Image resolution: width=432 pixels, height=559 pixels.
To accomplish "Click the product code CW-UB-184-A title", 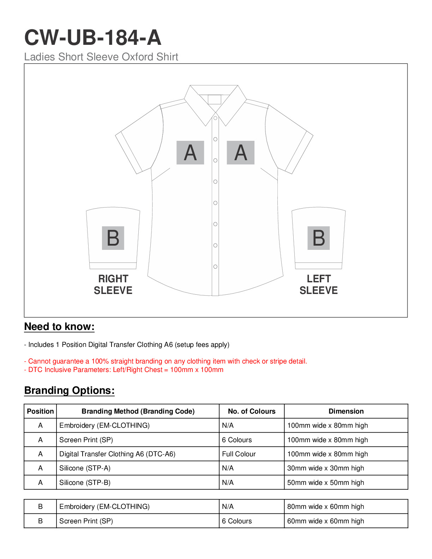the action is click(92, 37).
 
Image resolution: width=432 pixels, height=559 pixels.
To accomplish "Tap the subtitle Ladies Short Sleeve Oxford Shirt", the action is click(101, 57).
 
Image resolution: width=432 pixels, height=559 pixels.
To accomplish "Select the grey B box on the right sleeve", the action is click(113, 238).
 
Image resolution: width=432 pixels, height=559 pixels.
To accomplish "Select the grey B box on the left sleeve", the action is click(319, 238).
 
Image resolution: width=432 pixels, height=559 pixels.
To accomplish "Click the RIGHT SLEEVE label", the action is click(113, 284).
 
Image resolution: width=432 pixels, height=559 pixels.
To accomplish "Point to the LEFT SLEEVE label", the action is click(319, 284).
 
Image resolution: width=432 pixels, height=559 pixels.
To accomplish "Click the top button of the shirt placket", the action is click(215, 118).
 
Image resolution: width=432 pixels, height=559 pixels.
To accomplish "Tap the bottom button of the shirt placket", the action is click(215, 266).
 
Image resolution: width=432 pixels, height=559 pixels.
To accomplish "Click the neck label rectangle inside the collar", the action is click(215, 100).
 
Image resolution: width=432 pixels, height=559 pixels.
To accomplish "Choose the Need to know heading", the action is click(59, 326).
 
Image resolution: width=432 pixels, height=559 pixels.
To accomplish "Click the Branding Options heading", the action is click(70, 390).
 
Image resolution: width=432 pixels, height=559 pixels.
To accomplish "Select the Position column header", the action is click(40, 411).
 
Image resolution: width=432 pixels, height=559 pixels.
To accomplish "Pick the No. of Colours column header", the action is click(252, 411).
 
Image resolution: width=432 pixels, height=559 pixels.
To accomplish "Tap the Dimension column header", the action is click(346, 411).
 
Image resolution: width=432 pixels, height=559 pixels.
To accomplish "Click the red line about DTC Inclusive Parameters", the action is click(124, 369).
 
